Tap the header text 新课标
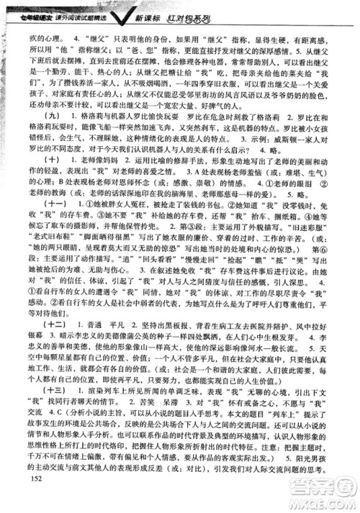pyautogui.click(x=235, y=8)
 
